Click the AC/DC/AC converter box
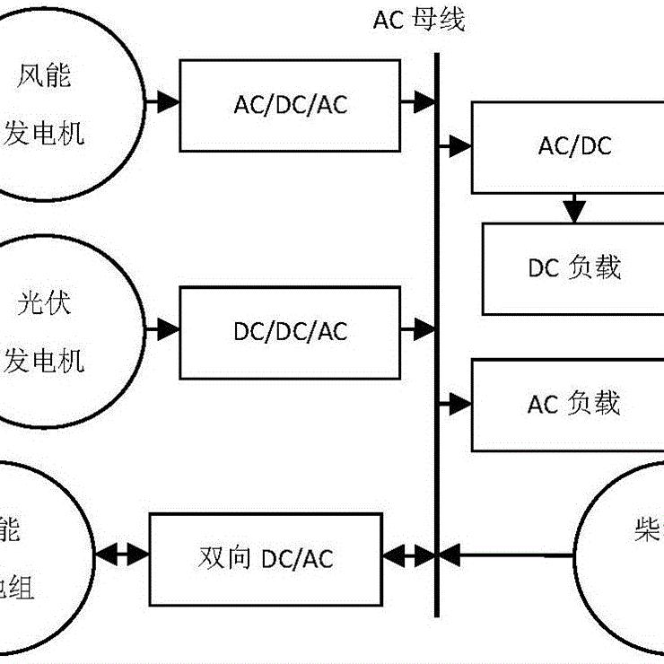(x=290, y=105)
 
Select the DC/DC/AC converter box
(x=290, y=332)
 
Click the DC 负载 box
(x=574, y=267)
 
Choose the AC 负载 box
(x=567, y=404)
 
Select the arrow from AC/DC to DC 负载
(x=574, y=208)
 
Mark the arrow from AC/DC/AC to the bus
(x=418, y=104)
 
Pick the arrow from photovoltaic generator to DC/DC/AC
(x=162, y=329)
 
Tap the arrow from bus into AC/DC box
(x=455, y=144)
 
